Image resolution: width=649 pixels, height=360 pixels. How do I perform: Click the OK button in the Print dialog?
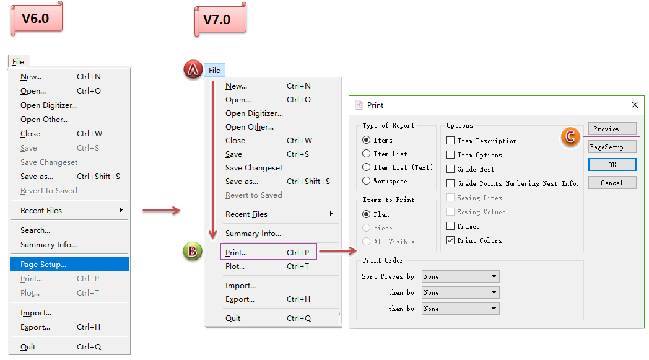[x=612, y=165]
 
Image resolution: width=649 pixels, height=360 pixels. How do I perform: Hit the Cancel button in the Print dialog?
[x=612, y=183]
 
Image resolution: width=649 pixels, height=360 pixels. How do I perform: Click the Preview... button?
[x=612, y=129]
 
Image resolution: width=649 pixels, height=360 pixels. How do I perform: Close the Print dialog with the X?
[x=634, y=105]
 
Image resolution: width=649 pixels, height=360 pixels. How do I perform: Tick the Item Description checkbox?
[x=451, y=141]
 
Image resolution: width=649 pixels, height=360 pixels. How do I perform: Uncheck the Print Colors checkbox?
[x=451, y=240]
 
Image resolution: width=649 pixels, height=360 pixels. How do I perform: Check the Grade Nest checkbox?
[x=451, y=169]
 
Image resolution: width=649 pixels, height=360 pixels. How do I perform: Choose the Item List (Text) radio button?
[x=367, y=167]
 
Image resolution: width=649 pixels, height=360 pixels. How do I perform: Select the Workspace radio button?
[x=367, y=181]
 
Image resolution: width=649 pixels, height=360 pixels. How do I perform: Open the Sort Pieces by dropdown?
[x=460, y=276]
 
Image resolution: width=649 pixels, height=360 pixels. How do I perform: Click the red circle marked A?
[x=193, y=70]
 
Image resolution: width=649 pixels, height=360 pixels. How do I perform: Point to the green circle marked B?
[x=193, y=252]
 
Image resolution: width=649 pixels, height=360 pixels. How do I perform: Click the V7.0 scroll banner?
[x=220, y=19]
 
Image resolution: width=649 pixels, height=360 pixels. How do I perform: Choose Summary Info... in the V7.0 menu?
[x=253, y=234]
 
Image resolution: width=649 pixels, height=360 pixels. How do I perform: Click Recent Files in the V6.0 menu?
[x=41, y=211]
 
